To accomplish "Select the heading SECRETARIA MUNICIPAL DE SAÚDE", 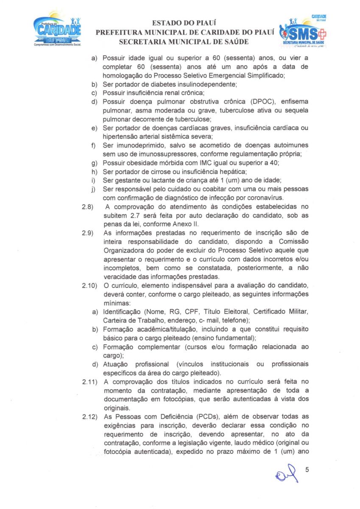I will click(184, 42).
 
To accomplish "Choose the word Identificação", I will click(123, 312).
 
